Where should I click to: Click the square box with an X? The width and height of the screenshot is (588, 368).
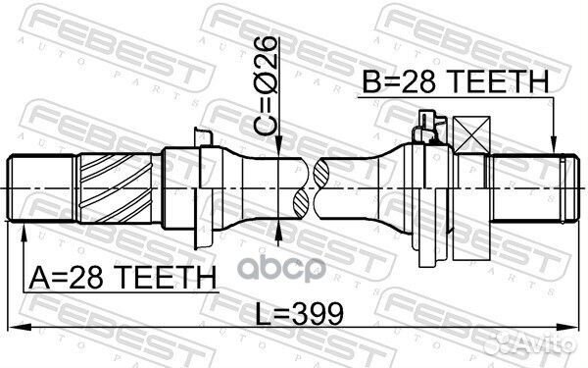(472, 135)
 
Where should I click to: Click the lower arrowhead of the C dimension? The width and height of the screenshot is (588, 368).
(281, 228)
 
